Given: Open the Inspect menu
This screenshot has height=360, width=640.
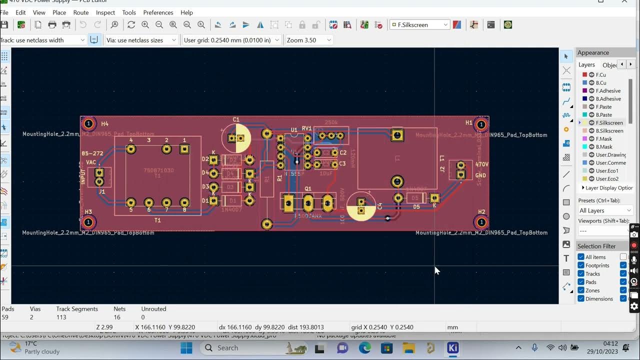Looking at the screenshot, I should (105, 12).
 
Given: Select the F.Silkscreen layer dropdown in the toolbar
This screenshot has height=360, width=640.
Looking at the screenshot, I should (419, 24).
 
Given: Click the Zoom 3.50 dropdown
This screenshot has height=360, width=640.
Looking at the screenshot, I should (308, 40).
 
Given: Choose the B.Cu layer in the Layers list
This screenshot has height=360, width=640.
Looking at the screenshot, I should (600, 83).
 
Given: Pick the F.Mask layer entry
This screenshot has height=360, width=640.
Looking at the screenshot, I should (603, 139).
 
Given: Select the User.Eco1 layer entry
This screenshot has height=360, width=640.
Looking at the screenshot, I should (607, 171).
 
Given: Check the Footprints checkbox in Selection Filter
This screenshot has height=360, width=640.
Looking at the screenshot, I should (581, 265).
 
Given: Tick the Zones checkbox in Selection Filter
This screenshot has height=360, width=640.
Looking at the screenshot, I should (581, 290).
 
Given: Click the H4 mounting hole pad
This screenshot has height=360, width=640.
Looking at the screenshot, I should (88, 123).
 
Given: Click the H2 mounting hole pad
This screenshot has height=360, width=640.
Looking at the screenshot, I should (481, 221).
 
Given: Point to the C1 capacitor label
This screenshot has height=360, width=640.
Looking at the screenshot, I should (236, 119).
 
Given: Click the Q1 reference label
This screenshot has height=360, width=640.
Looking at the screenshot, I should (308, 189).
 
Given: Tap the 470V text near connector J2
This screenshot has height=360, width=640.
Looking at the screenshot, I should (481, 164).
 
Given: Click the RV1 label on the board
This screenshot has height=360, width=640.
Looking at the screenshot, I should (307, 128).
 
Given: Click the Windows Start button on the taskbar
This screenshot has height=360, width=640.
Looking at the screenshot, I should (186, 348).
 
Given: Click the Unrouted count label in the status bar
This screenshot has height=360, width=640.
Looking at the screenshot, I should (153, 309).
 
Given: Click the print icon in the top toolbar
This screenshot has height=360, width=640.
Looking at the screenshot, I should (52, 24).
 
